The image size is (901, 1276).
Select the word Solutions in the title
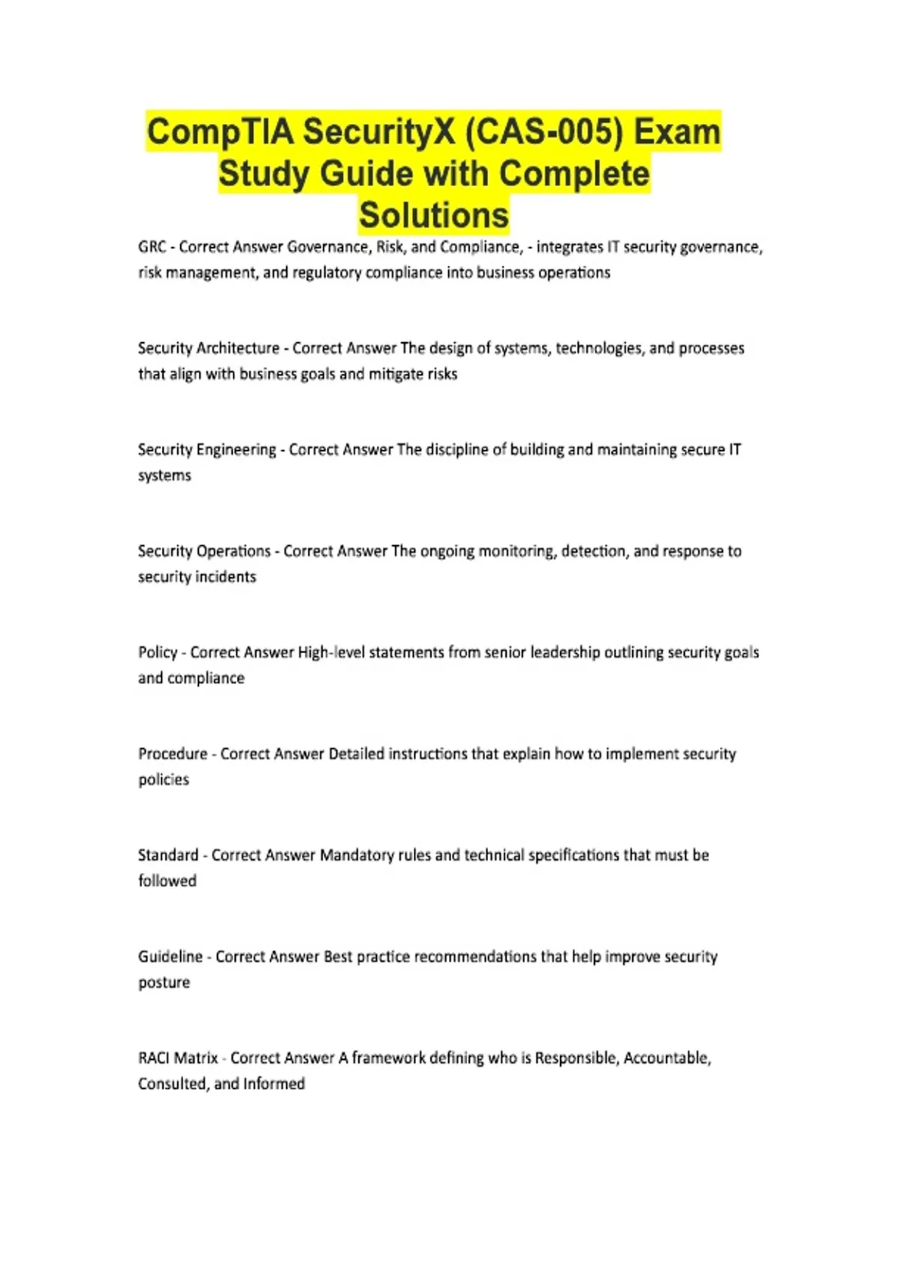pos(434,215)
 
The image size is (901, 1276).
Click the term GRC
pos(152,247)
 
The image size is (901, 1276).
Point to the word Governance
pos(328,247)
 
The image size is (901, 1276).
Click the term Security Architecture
pos(209,348)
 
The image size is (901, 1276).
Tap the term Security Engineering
pos(207,450)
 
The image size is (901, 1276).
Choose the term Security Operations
pos(204,551)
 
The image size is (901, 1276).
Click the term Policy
pos(158,652)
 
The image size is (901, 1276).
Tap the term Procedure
pos(173,754)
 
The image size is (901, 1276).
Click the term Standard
pos(168,855)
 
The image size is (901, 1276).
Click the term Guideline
pos(170,956)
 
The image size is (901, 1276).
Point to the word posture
pos(164,983)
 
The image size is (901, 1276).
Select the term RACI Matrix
pos(178,1058)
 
